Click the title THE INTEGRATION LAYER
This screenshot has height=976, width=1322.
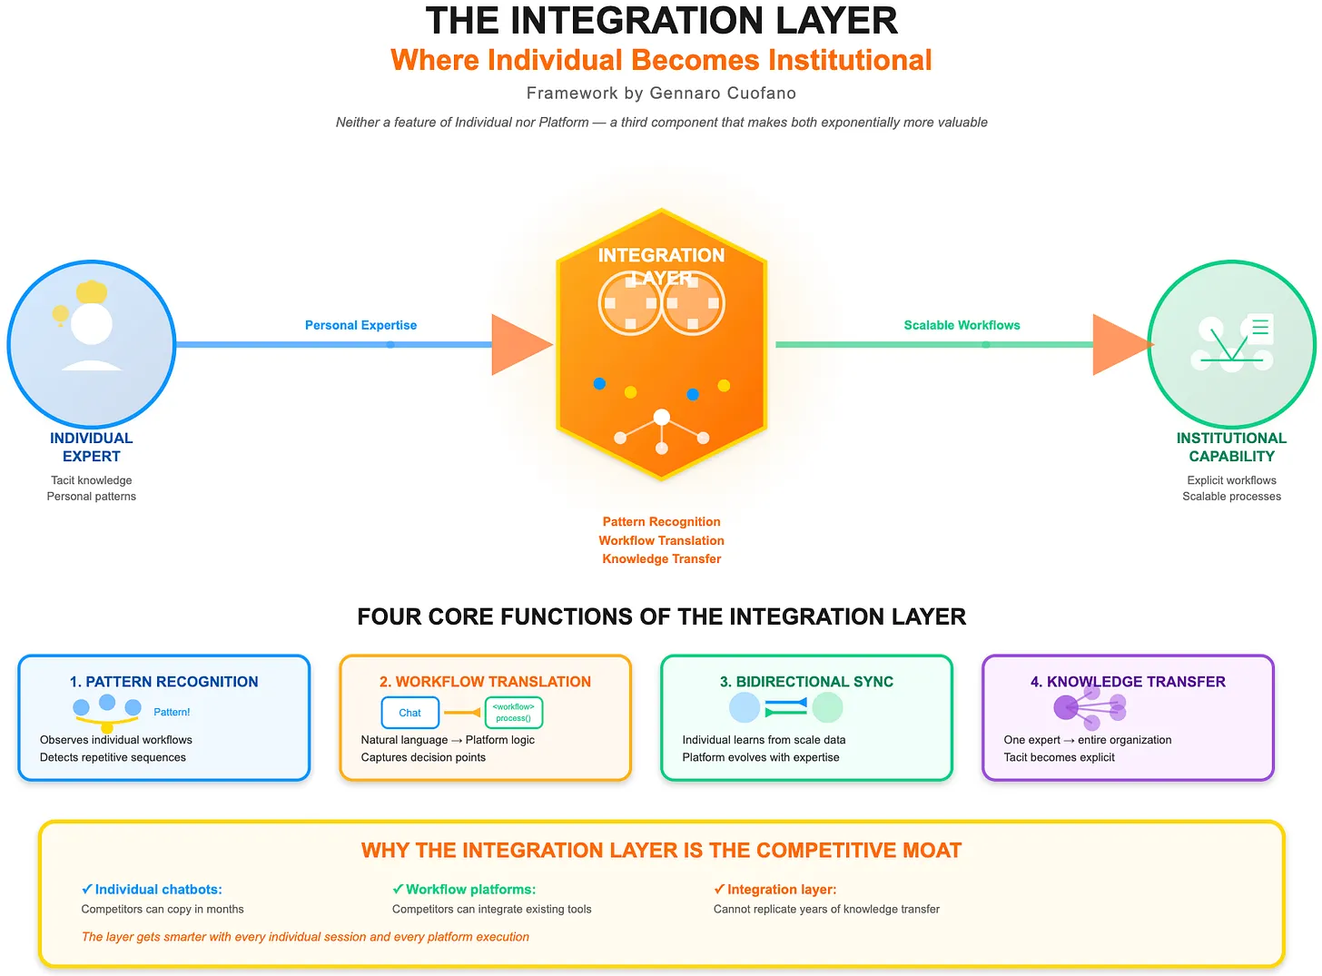661,21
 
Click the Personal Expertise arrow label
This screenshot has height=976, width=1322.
360,325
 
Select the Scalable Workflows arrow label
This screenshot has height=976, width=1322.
962,325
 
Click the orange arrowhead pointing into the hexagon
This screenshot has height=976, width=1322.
518,345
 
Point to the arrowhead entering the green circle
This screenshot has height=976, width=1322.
1120,345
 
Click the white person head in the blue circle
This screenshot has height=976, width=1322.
92,324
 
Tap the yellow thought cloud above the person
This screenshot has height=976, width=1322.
92,292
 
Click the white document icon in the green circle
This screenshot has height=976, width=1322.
1260,328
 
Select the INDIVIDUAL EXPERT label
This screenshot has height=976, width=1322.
92,447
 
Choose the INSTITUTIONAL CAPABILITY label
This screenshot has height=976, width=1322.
1231,447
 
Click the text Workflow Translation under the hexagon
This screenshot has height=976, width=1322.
661,540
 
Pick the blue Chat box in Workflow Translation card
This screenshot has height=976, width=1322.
409,713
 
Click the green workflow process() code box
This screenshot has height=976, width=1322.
514,713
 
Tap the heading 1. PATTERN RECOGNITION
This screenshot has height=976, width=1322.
164,682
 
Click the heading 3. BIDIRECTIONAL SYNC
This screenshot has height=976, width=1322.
806,682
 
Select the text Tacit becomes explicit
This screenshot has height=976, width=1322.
1059,757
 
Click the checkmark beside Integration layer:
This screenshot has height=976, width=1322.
719,890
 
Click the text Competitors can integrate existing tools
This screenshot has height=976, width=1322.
491,909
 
